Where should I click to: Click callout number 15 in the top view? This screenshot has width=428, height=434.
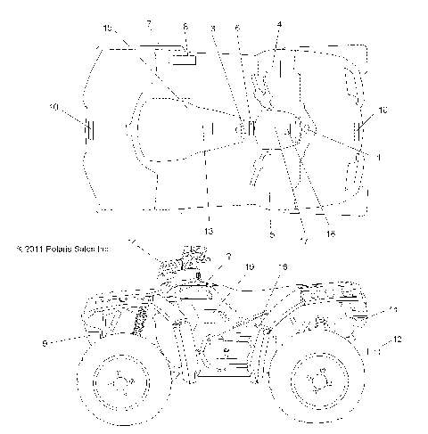(108, 29)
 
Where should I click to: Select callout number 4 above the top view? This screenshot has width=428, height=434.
(279, 24)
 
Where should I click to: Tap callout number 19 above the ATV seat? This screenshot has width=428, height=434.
(250, 267)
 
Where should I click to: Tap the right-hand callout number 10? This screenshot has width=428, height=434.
(383, 111)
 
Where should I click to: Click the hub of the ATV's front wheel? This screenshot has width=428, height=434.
(118, 381)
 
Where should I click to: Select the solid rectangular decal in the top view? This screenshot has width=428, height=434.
(185, 60)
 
